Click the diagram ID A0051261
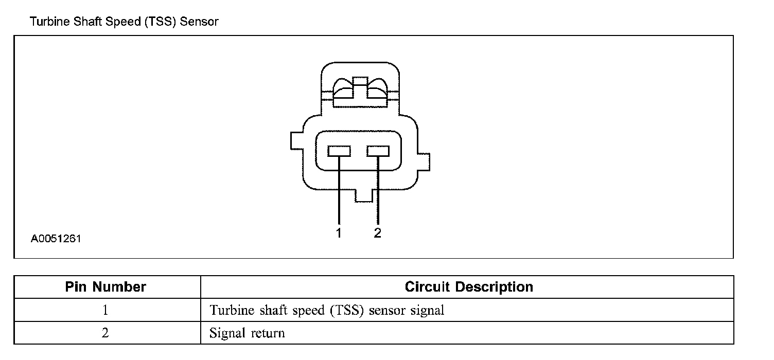tap(56, 239)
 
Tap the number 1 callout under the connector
tap(339, 233)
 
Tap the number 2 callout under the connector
tap(378, 233)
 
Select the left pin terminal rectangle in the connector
tap(340, 151)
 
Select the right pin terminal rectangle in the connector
tap(378, 151)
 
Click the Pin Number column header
tap(106, 287)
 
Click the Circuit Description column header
tap(469, 287)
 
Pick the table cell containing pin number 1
tap(106, 310)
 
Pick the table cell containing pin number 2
tap(106, 333)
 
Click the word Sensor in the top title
tap(200, 22)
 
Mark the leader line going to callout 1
tap(339, 195)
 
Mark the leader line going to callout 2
tap(378, 195)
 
